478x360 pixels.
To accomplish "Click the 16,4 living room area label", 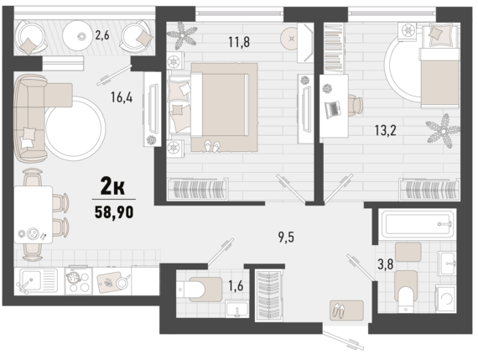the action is tap(122, 97).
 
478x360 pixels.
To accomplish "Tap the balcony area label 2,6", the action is tap(101, 35).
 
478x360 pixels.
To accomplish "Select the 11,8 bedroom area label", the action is tap(239, 42).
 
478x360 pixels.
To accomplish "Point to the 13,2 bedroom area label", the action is tap(385, 131).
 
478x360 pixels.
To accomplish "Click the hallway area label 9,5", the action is tap(286, 237).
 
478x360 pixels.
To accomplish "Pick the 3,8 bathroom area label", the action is tap(385, 264).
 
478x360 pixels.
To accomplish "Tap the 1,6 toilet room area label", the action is tap(236, 286).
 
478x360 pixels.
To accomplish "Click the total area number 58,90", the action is tap(114, 212).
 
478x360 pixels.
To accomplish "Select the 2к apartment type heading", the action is tap(112, 187).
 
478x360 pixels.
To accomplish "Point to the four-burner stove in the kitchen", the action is tap(78, 281).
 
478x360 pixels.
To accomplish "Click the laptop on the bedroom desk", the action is tap(333, 109).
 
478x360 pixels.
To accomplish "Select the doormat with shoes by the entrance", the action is tap(346, 310).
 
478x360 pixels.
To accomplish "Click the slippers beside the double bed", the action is tap(212, 146).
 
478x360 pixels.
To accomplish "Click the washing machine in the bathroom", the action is tap(445, 299).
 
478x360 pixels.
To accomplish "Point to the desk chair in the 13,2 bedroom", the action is tap(356, 105).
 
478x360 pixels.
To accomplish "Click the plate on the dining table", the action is tap(32, 233).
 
